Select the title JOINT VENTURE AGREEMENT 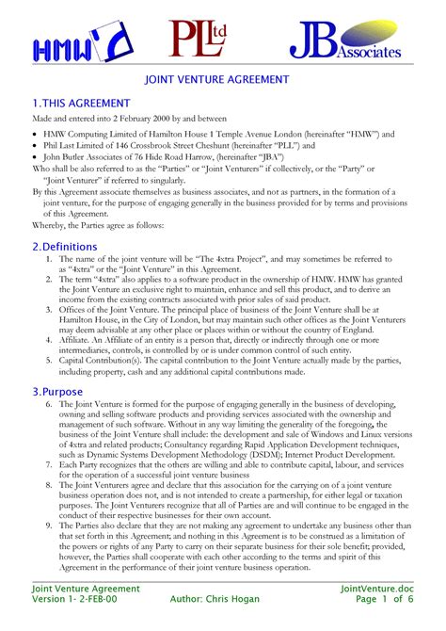tap(222, 82)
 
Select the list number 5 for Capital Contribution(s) tap(49, 359)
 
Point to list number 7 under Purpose tap(49, 465)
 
